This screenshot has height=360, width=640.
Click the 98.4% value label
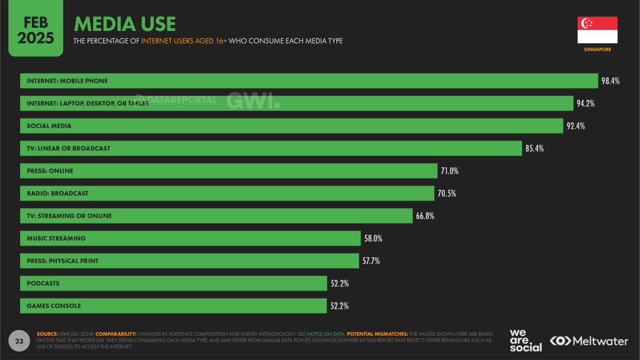610,81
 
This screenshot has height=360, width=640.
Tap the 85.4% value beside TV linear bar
535,149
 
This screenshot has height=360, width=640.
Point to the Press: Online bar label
50,171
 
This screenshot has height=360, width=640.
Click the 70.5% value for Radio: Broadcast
447,194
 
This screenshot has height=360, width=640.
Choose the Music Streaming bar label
56,239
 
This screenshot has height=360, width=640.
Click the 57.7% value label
371,261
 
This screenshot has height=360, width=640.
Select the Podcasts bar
173,283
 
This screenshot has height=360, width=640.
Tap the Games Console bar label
54,306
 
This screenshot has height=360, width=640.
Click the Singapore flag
597,30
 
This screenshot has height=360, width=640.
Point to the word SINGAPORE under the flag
597,50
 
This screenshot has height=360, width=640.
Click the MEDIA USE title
125,24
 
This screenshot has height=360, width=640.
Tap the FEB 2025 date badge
36,32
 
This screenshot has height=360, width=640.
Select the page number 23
19,341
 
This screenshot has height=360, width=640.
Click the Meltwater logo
589,341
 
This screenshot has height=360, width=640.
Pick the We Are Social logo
525,341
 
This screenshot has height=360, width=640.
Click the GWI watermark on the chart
253,100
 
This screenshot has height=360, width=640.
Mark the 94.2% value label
586,104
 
